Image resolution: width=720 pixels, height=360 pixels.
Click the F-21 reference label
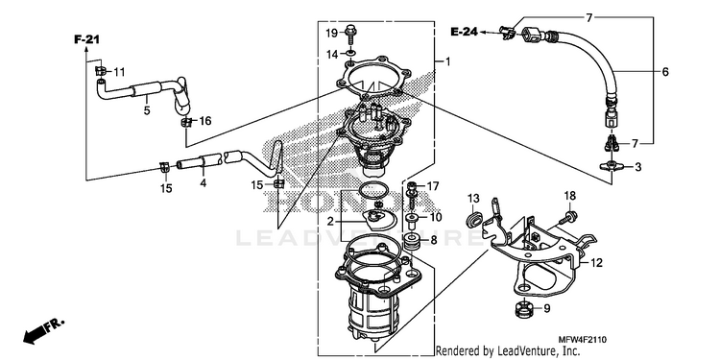tap(86, 39)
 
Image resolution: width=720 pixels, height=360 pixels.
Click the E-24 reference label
tap(464, 32)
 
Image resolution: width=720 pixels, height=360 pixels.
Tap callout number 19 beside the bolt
tap(331, 33)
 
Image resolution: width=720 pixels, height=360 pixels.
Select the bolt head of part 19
tap(349, 29)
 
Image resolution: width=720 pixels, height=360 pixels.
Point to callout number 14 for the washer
tap(332, 55)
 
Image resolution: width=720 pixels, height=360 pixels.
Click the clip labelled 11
tap(101, 71)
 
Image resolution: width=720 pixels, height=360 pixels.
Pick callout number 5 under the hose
tap(147, 110)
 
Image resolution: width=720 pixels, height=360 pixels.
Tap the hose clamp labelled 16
tap(186, 122)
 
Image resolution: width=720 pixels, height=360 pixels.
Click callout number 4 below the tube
tap(203, 182)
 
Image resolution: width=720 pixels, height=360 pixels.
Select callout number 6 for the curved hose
tap(665, 72)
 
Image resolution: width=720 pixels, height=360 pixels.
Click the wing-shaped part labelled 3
tap(612, 166)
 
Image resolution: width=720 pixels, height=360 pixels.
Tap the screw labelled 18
tap(568, 216)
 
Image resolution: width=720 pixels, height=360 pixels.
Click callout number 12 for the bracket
tap(596, 263)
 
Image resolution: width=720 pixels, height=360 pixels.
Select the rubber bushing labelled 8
tap(412, 241)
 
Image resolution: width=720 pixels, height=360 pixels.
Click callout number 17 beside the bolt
tap(433, 186)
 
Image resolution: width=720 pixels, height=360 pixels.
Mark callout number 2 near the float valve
tap(330, 222)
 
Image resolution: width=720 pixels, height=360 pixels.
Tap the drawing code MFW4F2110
tap(583, 340)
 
